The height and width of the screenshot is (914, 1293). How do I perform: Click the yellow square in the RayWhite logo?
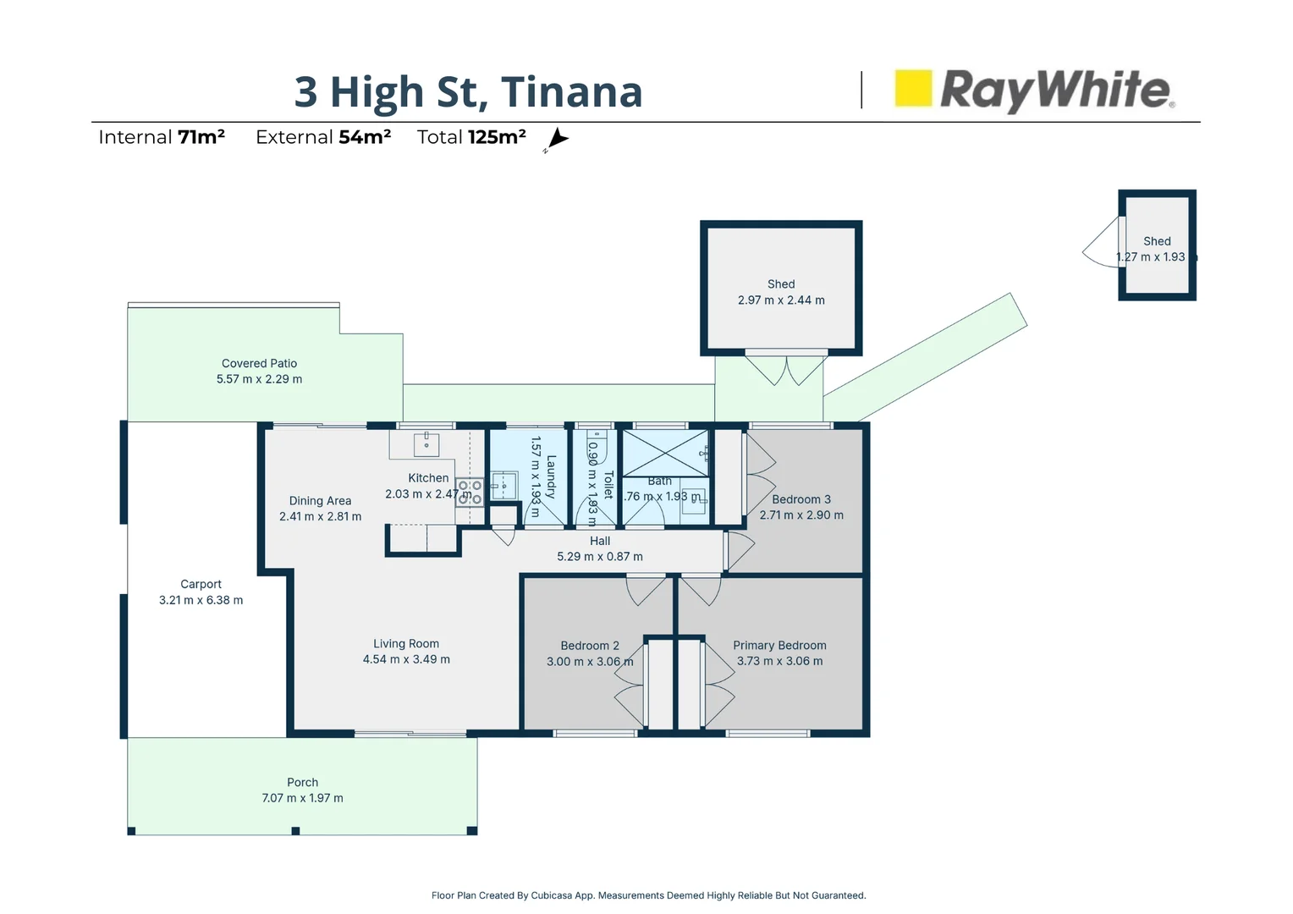pyautogui.click(x=913, y=88)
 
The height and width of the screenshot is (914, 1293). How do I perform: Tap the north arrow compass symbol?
pyautogui.click(x=557, y=139)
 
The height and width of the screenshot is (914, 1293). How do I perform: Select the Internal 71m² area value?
pyautogui.click(x=201, y=137)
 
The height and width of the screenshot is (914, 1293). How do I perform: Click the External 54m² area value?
pyautogui.click(x=365, y=137)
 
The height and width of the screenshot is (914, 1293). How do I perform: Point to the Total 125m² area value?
pyautogui.click(x=497, y=137)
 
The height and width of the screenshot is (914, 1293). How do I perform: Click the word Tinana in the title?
pyautogui.click(x=571, y=91)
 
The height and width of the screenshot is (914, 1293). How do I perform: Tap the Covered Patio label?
pyautogui.click(x=259, y=363)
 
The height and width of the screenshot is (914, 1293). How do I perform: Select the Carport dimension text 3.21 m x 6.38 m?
pyautogui.click(x=201, y=600)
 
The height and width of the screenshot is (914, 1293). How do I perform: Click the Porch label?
pyautogui.click(x=302, y=782)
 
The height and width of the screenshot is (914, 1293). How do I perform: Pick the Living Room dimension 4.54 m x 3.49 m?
pyautogui.click(x=406, y=659)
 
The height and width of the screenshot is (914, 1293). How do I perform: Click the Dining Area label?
pyautogui.click(x=320, y=500)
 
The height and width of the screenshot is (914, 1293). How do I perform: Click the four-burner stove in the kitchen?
pyautogui.click(x=470, y=493)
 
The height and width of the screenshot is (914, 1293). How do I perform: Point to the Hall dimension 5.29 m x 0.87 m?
pyautogui.click(x=599, y=557)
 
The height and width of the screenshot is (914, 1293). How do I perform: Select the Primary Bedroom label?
pyautogui.click(x=779, y=645)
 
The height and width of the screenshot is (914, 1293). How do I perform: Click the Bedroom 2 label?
pyautogui.click(x=589, y=645)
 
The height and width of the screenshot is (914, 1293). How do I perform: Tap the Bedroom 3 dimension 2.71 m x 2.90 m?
pyautogui.click(x=801, y=515)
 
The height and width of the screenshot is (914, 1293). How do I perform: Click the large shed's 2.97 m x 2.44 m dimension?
pyautogui.click(x=780, y=300)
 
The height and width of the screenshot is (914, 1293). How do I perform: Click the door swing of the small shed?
pyautogui.click(x=1102, y=246)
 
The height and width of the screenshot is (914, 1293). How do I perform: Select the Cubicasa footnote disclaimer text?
pyautogui.click(x=648, y=895)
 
